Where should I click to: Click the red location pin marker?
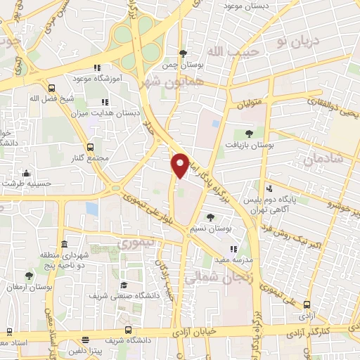pos(180,165)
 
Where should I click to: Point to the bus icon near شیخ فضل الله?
pos(52,89)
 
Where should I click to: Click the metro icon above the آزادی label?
pos(307,305)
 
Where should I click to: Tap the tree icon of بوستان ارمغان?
pos(29,276)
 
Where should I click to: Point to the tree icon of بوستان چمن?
pos(183,53)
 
